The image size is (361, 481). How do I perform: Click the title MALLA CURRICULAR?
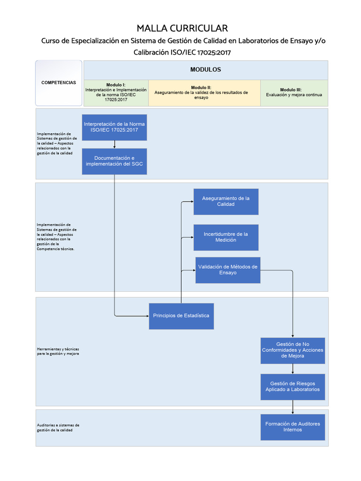(x=182, y=28)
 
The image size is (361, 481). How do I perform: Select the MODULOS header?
(x=205, y=70)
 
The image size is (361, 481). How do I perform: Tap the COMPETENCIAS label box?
(x=59, y=83)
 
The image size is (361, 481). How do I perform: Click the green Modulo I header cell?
(x=116, y=93)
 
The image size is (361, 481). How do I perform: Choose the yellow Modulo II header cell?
(x=204, y=93)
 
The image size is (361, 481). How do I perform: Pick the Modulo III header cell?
(x=294, y=93)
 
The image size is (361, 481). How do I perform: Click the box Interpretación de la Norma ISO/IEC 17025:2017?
(x=114, y=127)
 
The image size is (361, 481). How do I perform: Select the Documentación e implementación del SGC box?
(x=114, y=161)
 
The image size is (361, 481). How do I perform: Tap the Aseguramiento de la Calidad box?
(x=226, y=202)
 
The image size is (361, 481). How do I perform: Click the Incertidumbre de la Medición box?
(x=226, y=237)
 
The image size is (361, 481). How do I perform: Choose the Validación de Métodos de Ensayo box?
(x=228, y=270)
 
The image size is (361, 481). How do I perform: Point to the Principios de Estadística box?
(x=181, y=316)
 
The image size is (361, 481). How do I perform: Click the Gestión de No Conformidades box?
(x=293, y=350)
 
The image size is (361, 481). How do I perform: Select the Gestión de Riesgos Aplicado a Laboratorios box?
(x=293, y=387)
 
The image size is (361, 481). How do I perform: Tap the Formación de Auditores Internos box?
(x=293, y=427)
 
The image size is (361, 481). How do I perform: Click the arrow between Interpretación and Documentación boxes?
(x=114, y=145)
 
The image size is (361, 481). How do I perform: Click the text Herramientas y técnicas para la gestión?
(x=58, y=351)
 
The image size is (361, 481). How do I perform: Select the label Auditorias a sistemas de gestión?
(x=58, y=427)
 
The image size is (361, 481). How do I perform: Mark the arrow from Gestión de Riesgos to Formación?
(x=293, y=407)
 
